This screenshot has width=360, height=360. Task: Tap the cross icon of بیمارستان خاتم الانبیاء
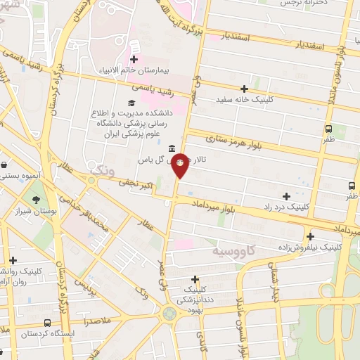pos(134,60)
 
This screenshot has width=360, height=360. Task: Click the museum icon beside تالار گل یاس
pos(172,148)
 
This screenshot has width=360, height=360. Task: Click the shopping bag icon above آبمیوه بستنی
pos(5,165)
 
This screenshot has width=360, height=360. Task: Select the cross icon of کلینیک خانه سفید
pos(244,89)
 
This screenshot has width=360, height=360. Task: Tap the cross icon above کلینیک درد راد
pos(285,196)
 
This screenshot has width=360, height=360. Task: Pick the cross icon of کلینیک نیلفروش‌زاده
pos(310,237)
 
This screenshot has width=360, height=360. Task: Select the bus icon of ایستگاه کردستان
pos(47,323)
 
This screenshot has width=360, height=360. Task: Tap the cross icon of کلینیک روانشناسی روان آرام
pos(13,260)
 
